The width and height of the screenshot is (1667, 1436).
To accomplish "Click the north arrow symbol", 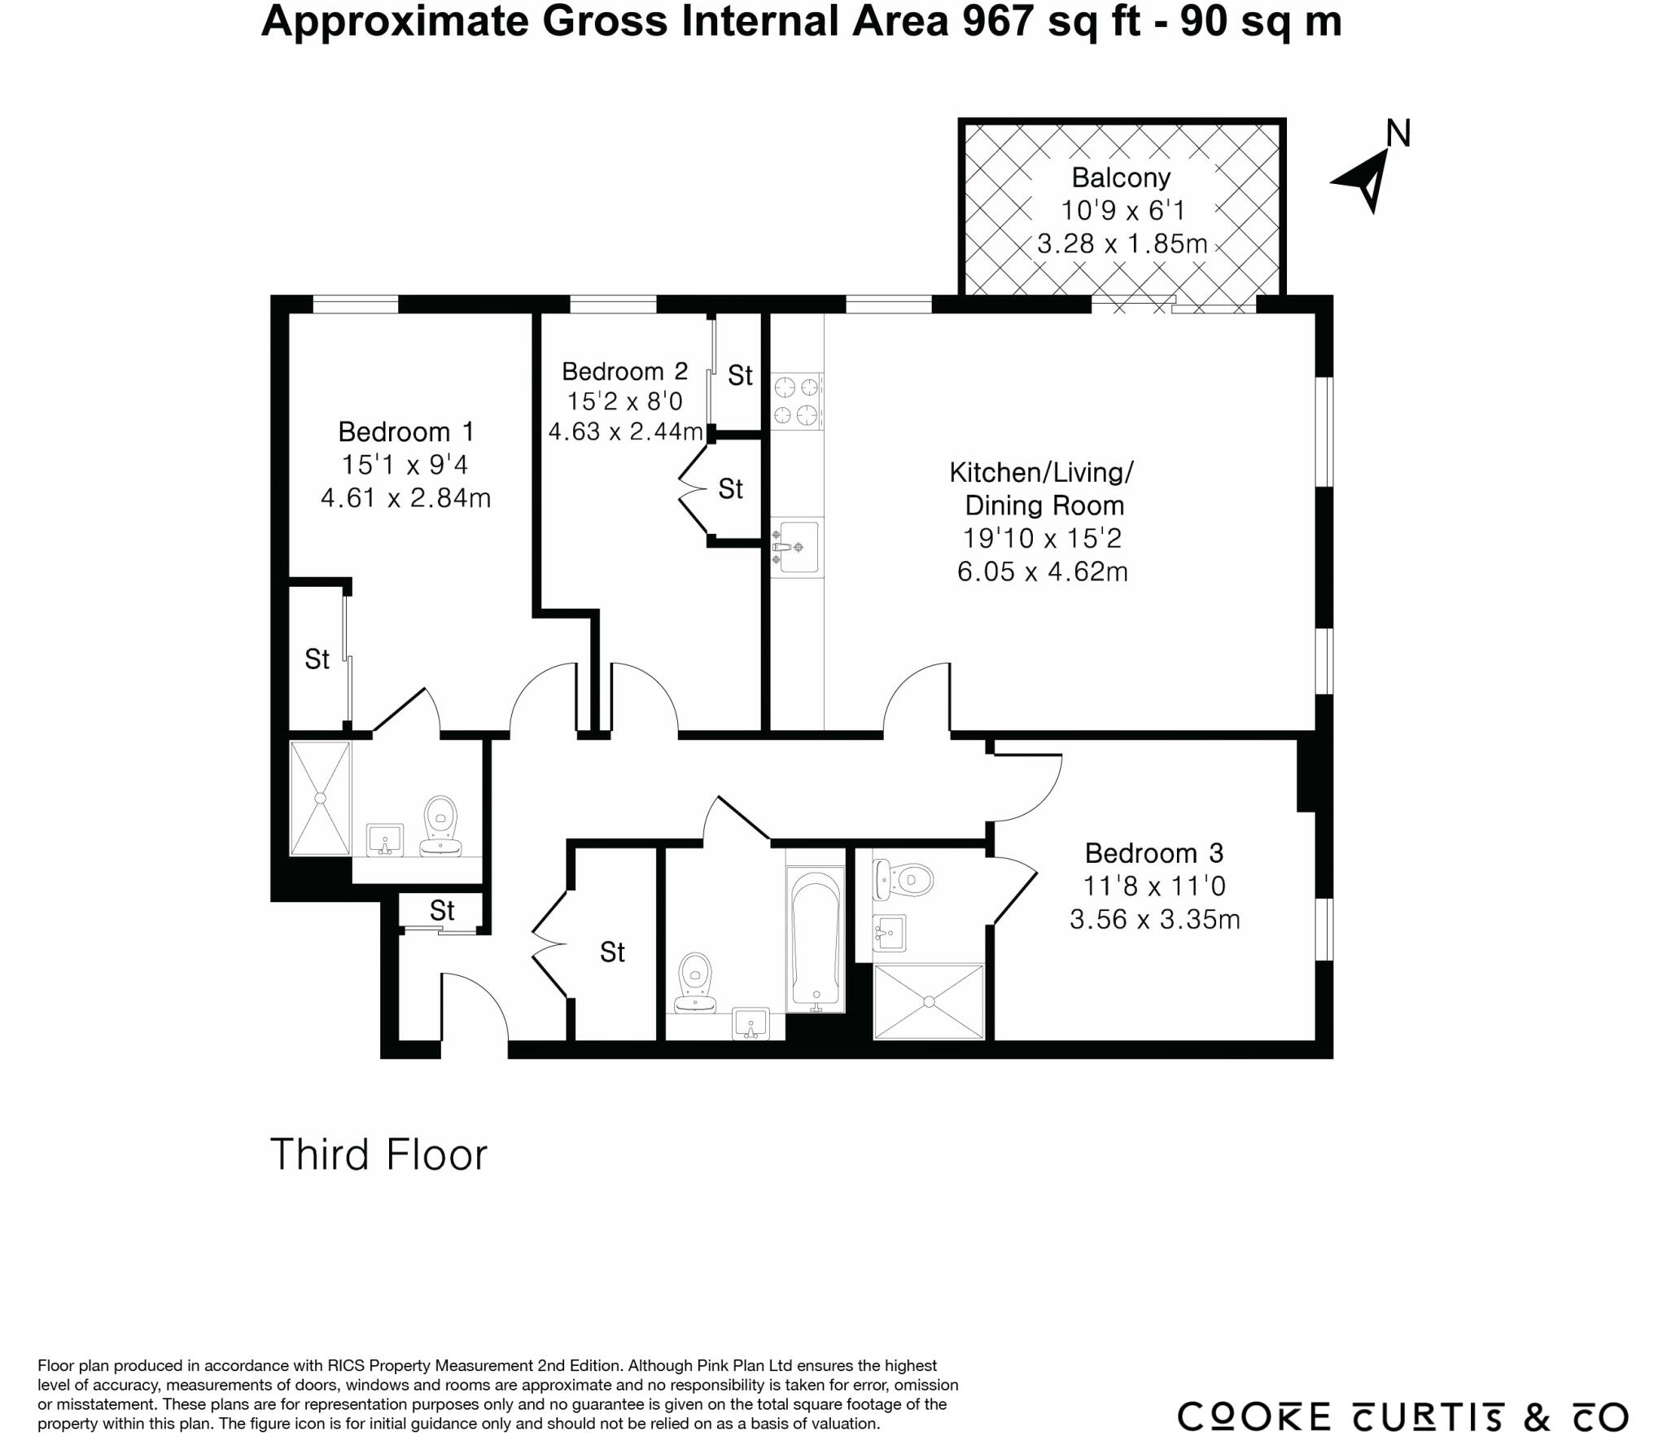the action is coord(1366,180).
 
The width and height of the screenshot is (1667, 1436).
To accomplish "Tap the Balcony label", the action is coord(1121,177).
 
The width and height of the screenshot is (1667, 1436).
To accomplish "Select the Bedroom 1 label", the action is coord(405,431).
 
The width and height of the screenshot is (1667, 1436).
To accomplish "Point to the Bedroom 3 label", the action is coord(1154,853).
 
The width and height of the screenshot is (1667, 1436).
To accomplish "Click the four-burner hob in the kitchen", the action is coord(796,401).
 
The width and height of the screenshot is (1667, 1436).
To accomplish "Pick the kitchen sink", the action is coord(796,547).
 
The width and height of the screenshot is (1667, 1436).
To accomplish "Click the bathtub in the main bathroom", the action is coord(816,939).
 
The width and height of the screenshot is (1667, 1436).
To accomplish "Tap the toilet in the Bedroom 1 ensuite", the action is coord(440,825).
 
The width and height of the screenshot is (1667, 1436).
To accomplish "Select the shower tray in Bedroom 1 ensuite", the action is coord(321,798).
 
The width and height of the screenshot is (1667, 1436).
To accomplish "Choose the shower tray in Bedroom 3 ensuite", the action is coord(929,1001).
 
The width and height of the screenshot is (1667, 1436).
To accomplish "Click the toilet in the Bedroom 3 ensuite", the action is coord(903,879).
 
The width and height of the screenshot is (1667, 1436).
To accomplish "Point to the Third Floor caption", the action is coord(378,1154).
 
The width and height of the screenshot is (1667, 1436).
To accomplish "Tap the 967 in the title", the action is coord(998,21).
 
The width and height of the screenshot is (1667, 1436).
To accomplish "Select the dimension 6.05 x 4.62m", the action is coord(1043,571).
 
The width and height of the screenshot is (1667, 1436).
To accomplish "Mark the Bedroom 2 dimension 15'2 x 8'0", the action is coord(625,401).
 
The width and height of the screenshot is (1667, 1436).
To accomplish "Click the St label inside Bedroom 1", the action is coord(317,659).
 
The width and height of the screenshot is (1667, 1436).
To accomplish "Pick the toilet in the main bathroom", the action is coord(695,983).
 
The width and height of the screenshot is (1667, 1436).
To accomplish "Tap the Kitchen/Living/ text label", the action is coord(1042,472).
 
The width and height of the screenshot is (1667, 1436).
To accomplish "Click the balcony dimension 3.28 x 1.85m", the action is coord(1122,243).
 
